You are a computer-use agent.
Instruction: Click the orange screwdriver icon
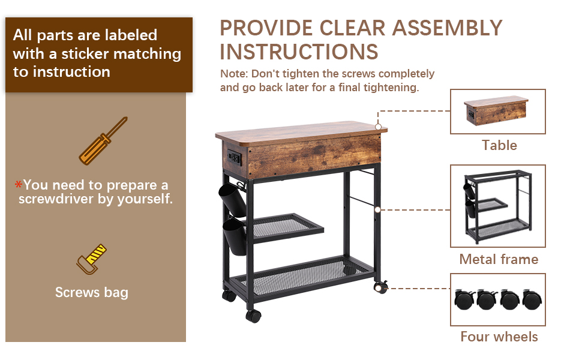pyautogui.click(x=103, y=141)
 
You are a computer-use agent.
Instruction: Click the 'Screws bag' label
pyautogui.click(x=91, y=292)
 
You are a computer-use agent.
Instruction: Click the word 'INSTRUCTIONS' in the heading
pyautogui.click(x=299, y=52)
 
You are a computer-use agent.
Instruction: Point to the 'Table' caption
pyautogui.click(x=499, y=145)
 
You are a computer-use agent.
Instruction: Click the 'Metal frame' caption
pyautogui.click(x=499, y=259)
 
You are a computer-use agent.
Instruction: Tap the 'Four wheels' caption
pyautogui.click(x=499, y=337)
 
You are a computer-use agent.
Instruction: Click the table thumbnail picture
pyautogui.click(x=497, y=111)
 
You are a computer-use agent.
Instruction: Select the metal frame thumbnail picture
pyautogui.click(x=497, y=206)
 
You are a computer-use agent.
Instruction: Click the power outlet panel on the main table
pyautogui.click(x=233, y=159)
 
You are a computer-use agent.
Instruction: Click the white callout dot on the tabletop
pyautogui.click(x=378, y=127)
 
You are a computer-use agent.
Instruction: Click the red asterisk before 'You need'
pyautogui.click(x=18, y=185)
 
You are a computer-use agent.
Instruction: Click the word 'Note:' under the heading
pyautogui.click(x=234, y=74)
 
